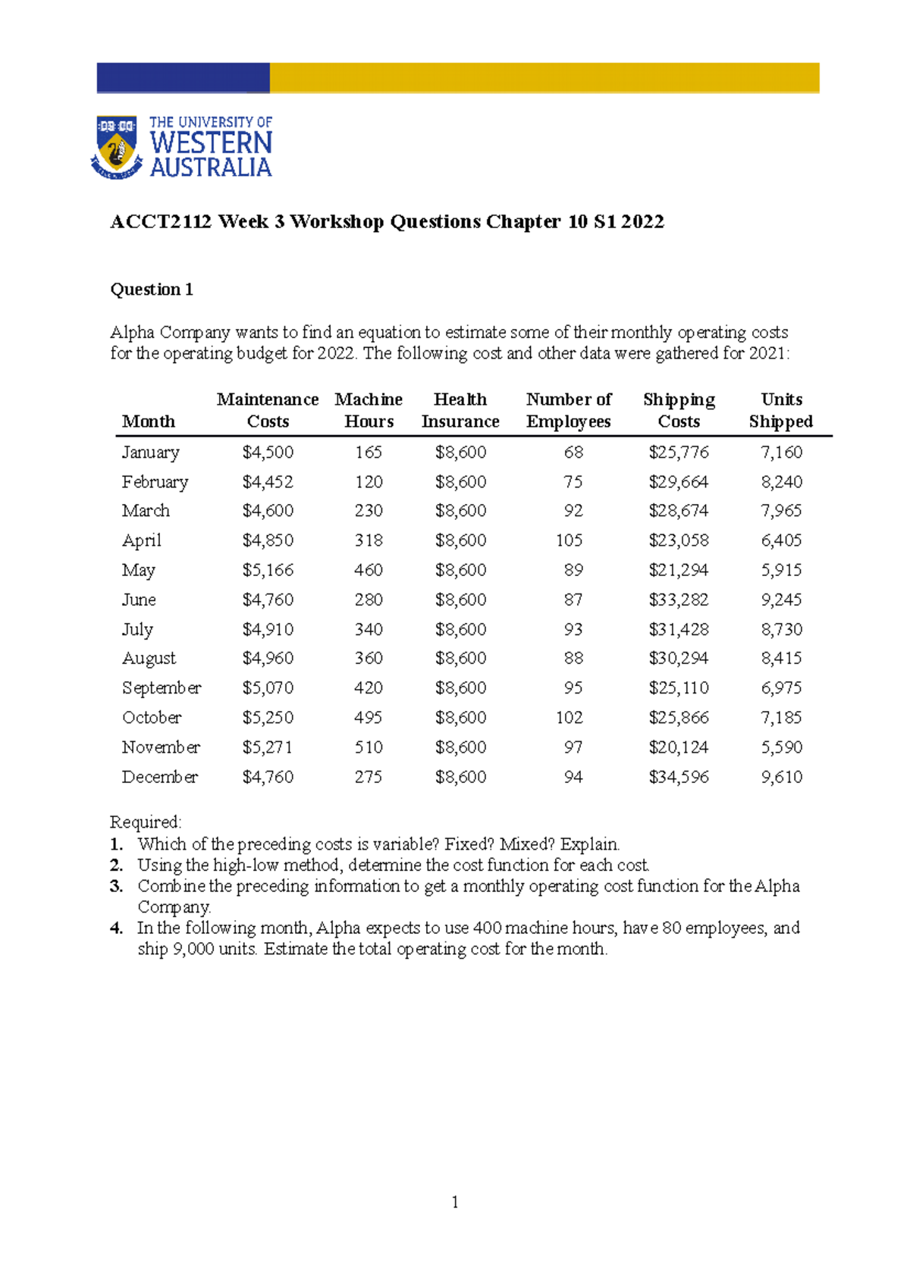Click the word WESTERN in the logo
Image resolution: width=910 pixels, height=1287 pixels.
pyautogui.click(x=211, y=142)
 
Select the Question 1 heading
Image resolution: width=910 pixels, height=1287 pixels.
pyautogui.click(x=152, y=290)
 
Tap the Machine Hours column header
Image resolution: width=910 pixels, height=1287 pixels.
pyautogui.click(x=369, y=410)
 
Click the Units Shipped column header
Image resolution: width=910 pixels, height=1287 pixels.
pyautogui.click(x=781, y=410)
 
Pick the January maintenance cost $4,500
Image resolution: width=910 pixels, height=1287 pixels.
pyautogui.click(x=268, y=452)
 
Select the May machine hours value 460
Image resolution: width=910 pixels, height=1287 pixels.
pyautogui.click(x=369, y=570)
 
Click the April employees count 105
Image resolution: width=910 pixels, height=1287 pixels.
pyautogui.click(x=569, y=540)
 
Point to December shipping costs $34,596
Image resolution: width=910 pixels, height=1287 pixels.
pyautogui.click(x=679, y=777)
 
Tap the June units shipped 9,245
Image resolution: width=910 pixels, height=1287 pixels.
pyautogui.click(x=781, y=600)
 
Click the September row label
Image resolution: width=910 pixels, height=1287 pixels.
pyautogui.click(x=162, y=688)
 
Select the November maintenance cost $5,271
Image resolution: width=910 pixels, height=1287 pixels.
pyautogui.click(x=268, y=747)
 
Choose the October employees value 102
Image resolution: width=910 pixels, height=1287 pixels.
pyautogui.click(x=569, y=718)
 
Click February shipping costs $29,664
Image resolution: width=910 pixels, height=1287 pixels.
pyautogui.click(x=679, y=482)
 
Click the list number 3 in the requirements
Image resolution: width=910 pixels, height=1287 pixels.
pyautogui.click(x=116, y=886)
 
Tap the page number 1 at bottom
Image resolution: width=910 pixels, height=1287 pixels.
pyautogui.click(x=454, y=1202)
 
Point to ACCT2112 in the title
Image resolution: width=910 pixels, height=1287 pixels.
pyautogui.click(x=161, y=222)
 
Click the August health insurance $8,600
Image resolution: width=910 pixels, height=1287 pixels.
pyautogui.click(x=460, y=659)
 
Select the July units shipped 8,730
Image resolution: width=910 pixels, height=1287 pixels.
pyautogui.click(x=781, y=629)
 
